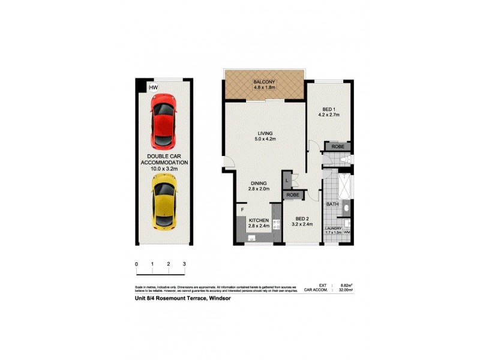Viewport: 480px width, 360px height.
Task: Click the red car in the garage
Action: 163,124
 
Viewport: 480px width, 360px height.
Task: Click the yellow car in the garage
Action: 163,202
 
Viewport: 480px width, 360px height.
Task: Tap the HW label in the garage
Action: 153,88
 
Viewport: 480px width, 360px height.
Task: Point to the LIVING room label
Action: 265,133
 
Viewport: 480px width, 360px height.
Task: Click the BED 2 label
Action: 302,220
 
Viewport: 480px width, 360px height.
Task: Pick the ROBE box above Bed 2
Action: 293,195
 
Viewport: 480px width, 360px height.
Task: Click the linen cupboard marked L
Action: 288,179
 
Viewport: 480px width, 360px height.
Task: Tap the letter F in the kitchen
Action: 242,210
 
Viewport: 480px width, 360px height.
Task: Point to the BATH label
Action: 332,205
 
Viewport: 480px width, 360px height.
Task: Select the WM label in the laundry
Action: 347,232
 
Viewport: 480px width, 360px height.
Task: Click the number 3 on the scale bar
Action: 184,264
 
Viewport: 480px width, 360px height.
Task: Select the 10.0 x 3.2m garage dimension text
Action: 164,169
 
